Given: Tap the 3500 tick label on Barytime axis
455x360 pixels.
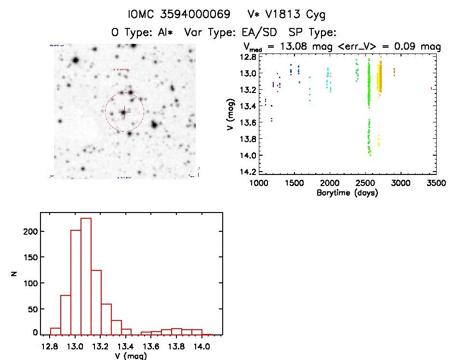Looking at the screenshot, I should (x=436, y=184).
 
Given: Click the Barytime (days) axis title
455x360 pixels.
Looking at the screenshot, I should (x=347, y=193).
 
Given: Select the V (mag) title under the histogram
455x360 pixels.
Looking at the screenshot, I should (x=131, y=356).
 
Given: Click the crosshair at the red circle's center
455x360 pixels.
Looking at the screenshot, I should (x=124, y=112).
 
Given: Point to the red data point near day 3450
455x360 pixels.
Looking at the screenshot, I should (x=431, y=88).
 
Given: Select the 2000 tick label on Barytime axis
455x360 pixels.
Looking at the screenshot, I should (x=330, y=184).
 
